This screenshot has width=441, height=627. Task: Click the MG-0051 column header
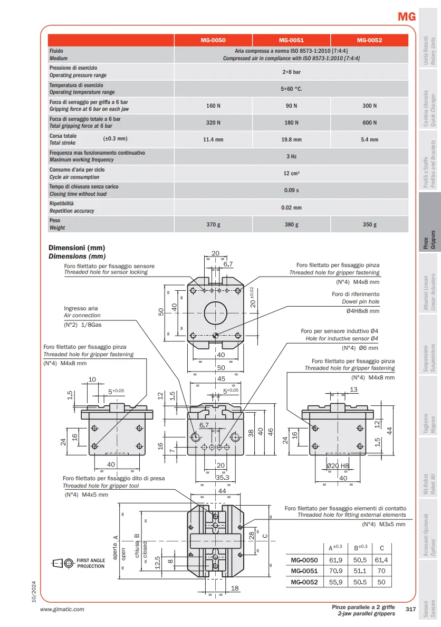(291, 40)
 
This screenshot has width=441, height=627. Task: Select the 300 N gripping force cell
(369, 106)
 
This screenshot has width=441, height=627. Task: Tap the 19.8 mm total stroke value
(291, 140)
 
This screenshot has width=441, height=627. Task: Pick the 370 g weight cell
(213, 224)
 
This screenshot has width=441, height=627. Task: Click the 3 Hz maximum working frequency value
(291, 156)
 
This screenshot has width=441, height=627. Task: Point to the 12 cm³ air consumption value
(291, 173)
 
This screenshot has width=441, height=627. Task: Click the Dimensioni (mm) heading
(77, 248)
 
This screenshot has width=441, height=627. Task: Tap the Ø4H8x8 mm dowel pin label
(362, 311)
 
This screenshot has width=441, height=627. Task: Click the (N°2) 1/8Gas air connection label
(83, 325)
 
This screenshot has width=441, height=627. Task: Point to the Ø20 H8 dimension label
(339, 466)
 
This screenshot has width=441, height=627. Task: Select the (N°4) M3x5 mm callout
(384, 524)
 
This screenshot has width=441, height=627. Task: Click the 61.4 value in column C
(382, 560)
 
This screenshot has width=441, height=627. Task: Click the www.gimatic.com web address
(62, 609)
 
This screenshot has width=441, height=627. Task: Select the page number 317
(411, 609)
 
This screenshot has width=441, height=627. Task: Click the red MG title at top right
(407, 16)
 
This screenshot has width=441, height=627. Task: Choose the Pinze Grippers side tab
(429, 240)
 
